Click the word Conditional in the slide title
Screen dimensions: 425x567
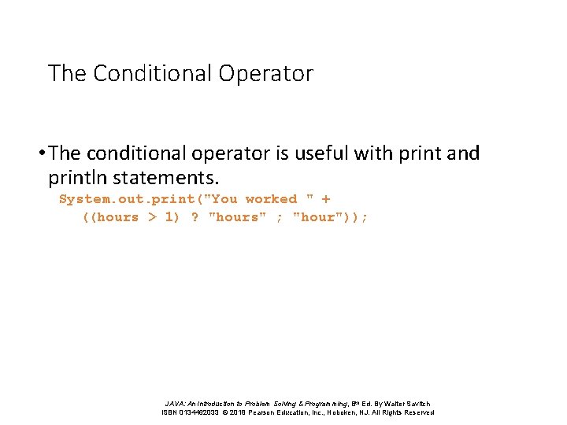click(153, 73)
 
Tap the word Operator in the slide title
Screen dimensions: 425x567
click(266, 73)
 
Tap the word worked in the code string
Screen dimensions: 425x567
click(271, 199)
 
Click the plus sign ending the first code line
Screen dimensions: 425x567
click(326, 199)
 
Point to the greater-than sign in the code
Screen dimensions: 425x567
click(153, 217)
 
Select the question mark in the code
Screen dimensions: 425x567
click(195, 217)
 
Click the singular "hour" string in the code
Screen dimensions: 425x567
click(317, 217)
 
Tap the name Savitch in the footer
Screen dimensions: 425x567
click(417, 404)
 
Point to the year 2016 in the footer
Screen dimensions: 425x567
click(239, 412)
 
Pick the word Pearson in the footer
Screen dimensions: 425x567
click(266, 412)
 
